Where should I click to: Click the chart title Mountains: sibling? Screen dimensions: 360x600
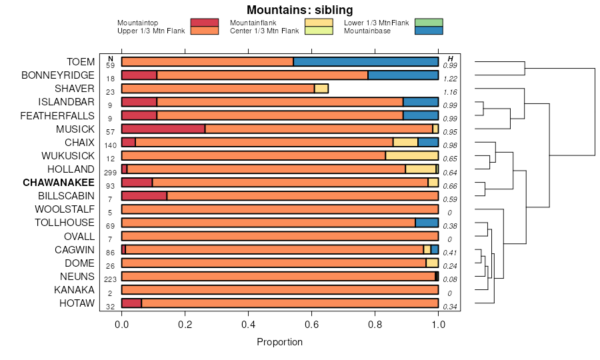(x=299, y=10)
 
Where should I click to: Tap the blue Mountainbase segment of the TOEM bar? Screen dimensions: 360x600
(x=365, y=62)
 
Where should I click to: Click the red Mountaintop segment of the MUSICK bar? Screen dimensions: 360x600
(x=163, y=129)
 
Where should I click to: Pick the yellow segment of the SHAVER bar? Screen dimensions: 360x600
(x=321, y=89)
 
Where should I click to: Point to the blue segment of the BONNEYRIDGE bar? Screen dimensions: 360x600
(x=403, y=75)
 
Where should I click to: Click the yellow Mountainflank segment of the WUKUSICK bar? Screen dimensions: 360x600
(x=411, y=155)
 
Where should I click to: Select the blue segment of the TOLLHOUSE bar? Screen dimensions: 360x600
(x=427, y=223)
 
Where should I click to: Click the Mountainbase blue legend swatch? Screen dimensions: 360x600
(x=428, y=31)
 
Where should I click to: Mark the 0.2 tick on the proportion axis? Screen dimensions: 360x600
(x=185, y=324)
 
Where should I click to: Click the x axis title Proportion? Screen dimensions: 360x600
(x=279, y=342)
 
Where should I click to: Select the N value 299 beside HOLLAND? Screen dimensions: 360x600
(x=111, y=173)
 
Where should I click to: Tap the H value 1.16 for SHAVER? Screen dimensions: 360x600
(x=450, y=92)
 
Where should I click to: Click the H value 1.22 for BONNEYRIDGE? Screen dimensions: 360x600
(x=450, y=79)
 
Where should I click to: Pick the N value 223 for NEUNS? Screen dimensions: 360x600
(x=111, y=280)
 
